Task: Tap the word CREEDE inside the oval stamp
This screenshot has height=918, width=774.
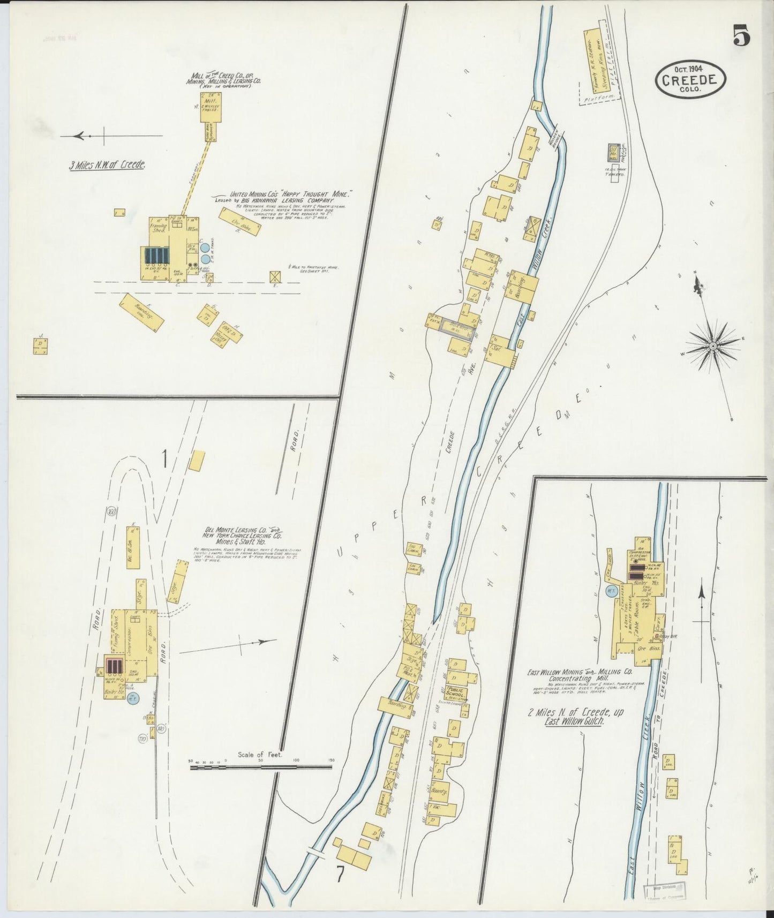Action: coord(690,80)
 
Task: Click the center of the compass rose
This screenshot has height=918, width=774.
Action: coord(713,347)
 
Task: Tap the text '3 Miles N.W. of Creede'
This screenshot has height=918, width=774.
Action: coord(107,165)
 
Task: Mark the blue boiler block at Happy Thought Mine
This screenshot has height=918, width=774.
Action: coord(155,256)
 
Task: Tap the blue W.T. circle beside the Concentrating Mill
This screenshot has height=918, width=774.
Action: coord(610,591)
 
